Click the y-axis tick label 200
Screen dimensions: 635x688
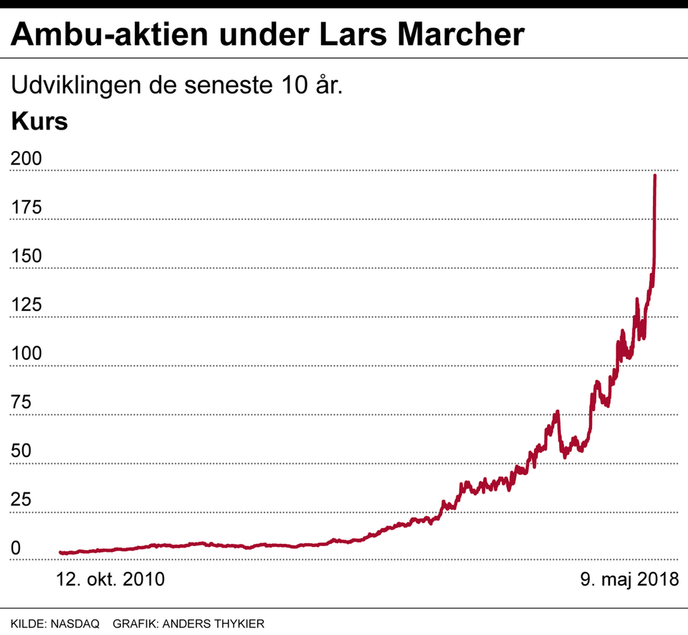pyautogui.click(x=26, y=159)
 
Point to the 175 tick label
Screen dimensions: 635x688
pyautogui.click(x=26, y=208)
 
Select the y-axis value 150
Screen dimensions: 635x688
pyautogui.click(x=26, y=257)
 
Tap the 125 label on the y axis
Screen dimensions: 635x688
pyautogui.click(x=26, y=305)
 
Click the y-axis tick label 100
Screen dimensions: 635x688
pyautogui.click(x=26, y=354)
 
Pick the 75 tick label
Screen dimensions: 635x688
pyautogui.click(x=21, y=403)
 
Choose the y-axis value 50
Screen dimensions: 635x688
pyautogui.click(x=21, y=452)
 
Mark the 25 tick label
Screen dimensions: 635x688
pyautogui.click(x=21, y=500)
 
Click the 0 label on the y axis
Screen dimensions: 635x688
pyautogui.click(x=16, y=549)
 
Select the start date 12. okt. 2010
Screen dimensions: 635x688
pyautogui.click(x=110, y=579)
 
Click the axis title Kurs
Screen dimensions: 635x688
pyautogui.click(x=39, y=121)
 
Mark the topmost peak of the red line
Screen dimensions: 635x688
pyautogui.click(x=655, y=176)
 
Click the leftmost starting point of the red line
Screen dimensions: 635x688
pyautogui.click(x=60, y=553)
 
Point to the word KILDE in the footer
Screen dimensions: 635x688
pyautogui.click(x=28, y=624)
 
